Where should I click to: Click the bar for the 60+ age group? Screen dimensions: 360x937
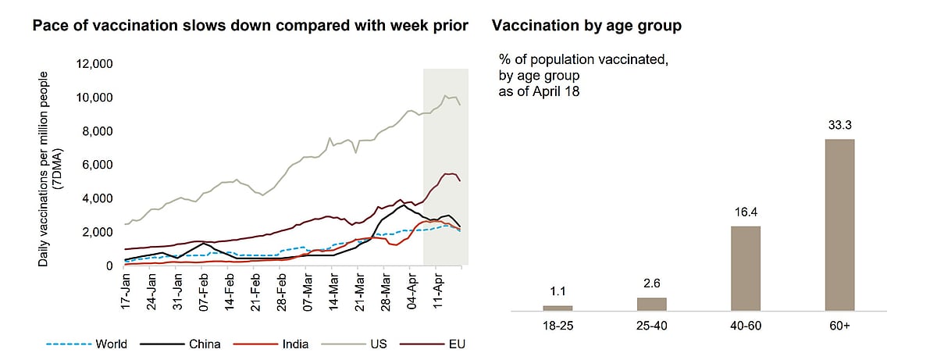(839, 225)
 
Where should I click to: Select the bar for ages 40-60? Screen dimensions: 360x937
(745, 268)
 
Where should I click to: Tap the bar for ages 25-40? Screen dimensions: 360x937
(652, 304)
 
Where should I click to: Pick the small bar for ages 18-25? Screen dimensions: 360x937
(558, 308)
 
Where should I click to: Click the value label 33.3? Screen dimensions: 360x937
(839, 124)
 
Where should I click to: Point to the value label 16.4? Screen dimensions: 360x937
(745, 212)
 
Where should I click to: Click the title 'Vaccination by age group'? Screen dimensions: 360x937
(586, 26)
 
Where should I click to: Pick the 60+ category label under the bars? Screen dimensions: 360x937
(839, 324)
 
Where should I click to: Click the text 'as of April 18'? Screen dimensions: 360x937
(540, 91)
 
